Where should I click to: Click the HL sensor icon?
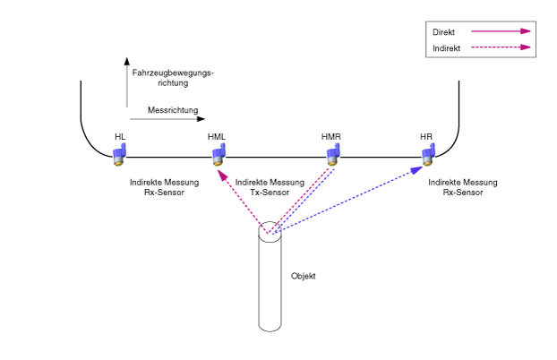tap(119, 154)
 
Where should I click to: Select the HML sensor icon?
tap(219, 154)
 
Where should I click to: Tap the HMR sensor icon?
tap(333, 154)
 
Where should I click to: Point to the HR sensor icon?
tap(428, 154)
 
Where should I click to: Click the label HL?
tap(120, 137)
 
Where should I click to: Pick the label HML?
tap(217, 137)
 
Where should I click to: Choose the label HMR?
tap(331, 137)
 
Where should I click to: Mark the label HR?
tap(426, 137)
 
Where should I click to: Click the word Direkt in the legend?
tap(443, 32)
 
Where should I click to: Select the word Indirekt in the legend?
tap(447, 48)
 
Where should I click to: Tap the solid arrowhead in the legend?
tap(526, 31)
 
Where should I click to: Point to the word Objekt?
tap(304, 276)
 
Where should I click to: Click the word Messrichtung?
tap(173, 110)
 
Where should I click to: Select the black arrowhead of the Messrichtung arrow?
tap(201, 119)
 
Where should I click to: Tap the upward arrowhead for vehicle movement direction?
tap(127, 61)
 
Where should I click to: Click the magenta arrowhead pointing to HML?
tap(222, 175)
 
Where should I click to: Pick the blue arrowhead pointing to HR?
tap(416, 170)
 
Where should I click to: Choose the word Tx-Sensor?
tap(270, 193)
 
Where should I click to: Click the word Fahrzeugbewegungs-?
tap(173, 73)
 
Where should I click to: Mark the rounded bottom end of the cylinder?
tap(270, 329)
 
